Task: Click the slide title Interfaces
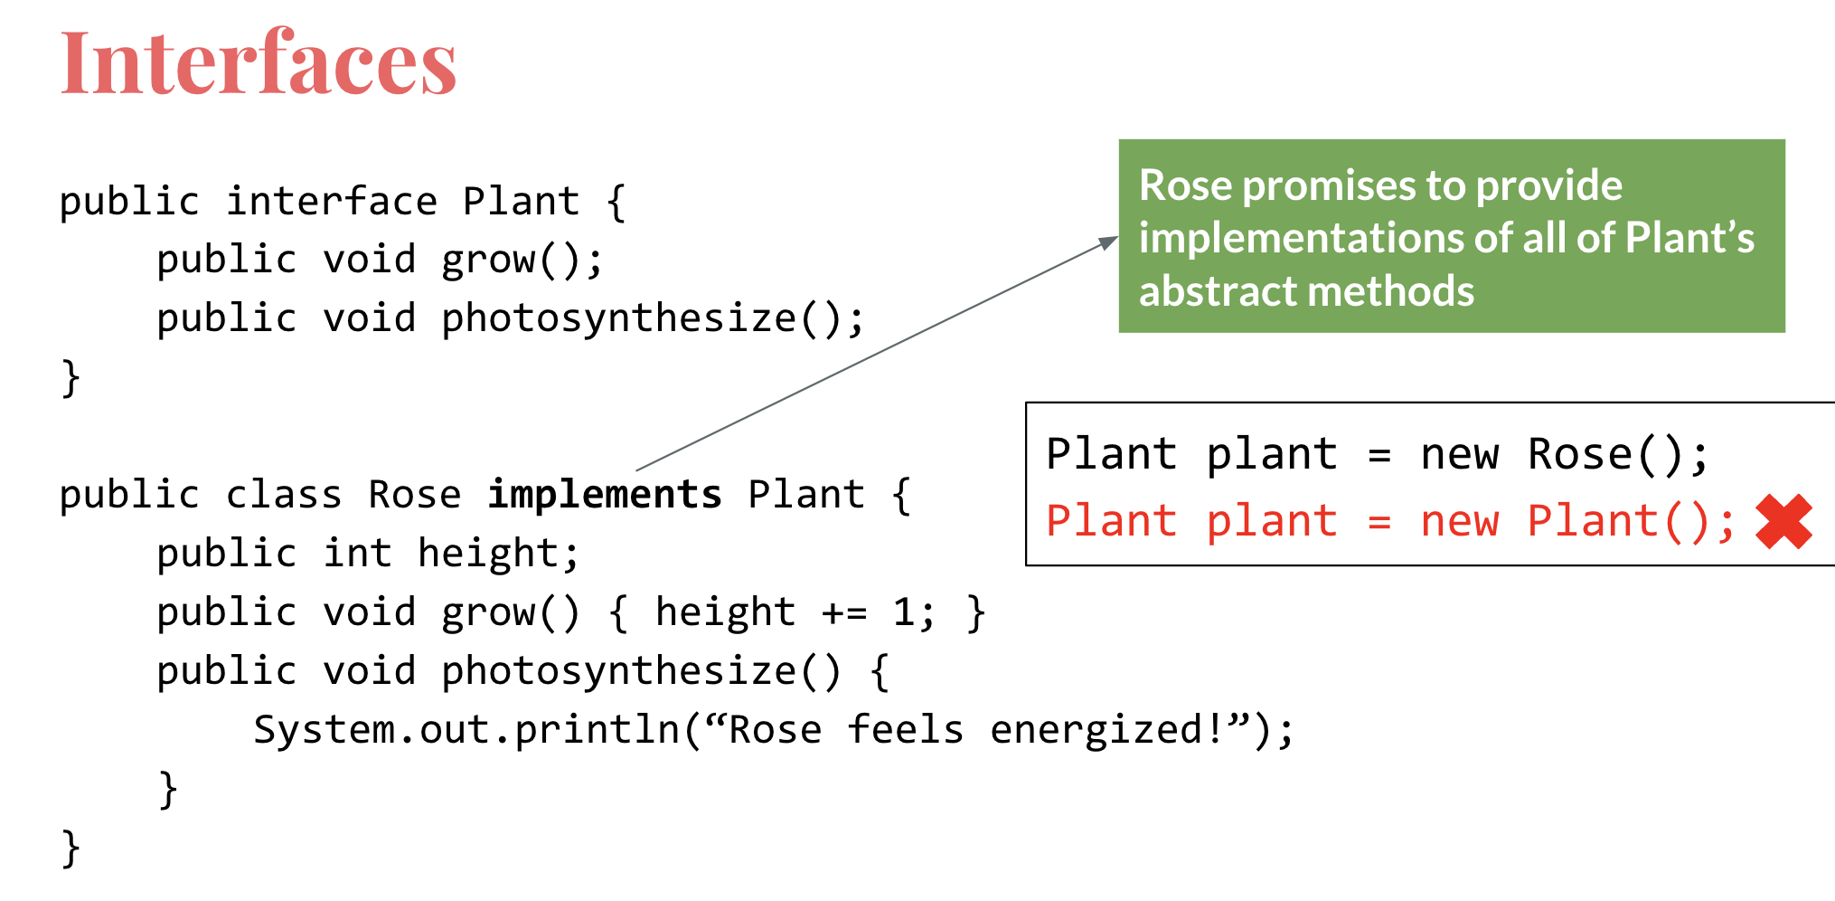(x=259, y=63)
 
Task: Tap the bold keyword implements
(x=605, y=495)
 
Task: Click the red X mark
(x=1783, y=522)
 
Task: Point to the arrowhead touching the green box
(x=1108, y=242)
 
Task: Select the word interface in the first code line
(x=332, y=202)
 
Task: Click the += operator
(x=844, y=613)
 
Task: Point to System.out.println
(x=466, y=730)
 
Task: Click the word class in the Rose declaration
(x=284, y=495)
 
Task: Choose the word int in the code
(x=357, y=554)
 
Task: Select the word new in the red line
(x=1459, y=522)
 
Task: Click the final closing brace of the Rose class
(x=71, y=849)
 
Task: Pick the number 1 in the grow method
(x=903, y=613)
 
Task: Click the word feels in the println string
(x=905, y=730)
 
